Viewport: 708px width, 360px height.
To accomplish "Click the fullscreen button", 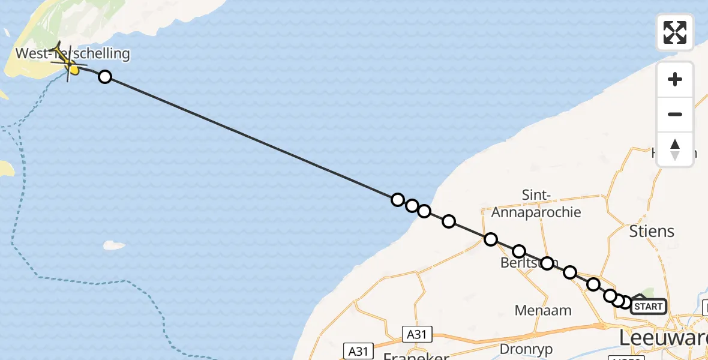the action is tap(675, 32).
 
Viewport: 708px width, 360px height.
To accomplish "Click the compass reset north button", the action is tap(675, 149).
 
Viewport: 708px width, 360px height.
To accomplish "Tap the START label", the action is tap(649, 307).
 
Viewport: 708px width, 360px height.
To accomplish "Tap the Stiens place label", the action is tap(651, 231).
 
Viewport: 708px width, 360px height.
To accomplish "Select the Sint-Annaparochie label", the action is tap(528, 203).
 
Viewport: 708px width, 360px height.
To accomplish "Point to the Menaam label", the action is tap(543, 310).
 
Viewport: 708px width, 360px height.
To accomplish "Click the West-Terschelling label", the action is tap(72, 53).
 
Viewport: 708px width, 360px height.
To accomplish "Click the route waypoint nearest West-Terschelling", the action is tap(105, 76).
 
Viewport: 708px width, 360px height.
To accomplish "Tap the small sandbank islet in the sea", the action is tap(114, 245).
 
